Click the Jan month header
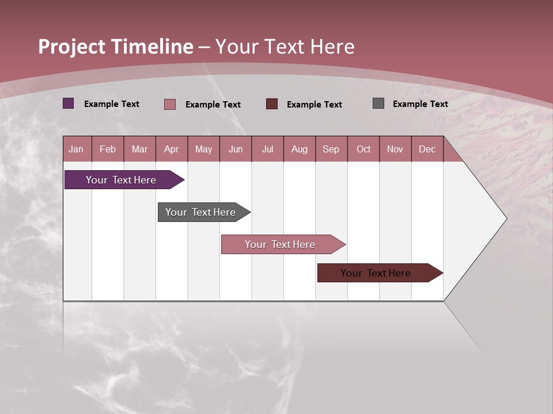point(77,149)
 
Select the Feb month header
point(108,149)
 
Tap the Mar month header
point(139,149)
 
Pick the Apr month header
point(172,149)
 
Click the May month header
point(203,149)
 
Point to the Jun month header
point(236,149)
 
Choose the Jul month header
point(268,149)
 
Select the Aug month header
point(300,149)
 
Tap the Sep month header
point(331,149)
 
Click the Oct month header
point(363,149)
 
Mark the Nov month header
point(395,149)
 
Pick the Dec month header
point(427,149)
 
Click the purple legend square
point(69,103)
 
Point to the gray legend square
point(378,103)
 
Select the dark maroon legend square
point(272,104)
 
